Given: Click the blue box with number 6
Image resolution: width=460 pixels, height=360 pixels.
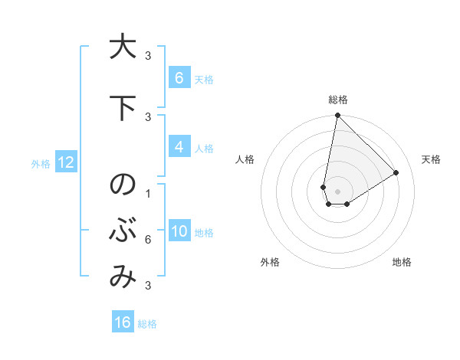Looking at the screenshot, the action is [x=179, y=77].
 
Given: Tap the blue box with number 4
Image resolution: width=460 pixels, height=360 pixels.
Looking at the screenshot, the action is [x=179, y=147].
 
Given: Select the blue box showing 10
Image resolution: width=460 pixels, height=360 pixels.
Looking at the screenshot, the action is [x=179, y=231].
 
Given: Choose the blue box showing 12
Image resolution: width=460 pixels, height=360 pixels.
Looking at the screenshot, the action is [x=65, y=162].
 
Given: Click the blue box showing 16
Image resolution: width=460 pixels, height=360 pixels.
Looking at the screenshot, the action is [x=123, y=322].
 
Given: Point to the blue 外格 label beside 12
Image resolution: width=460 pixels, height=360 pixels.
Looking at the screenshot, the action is [x=40, y=162].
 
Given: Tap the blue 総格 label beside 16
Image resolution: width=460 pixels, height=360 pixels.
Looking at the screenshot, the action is [x=147, y=323].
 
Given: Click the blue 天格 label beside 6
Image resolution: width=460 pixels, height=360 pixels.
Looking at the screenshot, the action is [x=204, y=79].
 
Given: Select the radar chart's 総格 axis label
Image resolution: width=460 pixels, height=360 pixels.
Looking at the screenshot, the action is [x=338, y=100].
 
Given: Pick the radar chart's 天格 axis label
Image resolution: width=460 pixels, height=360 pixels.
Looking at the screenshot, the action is [x=432, y=159].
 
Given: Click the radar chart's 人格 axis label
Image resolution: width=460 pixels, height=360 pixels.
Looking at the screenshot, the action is [x=245, y=159].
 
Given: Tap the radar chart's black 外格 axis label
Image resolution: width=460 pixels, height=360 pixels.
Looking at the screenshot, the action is [x=270, y=262].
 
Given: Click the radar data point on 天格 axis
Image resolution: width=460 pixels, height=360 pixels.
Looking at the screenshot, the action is [x=396, y=173].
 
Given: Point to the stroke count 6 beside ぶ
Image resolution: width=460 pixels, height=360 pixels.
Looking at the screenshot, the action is [x=147, y=240].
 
